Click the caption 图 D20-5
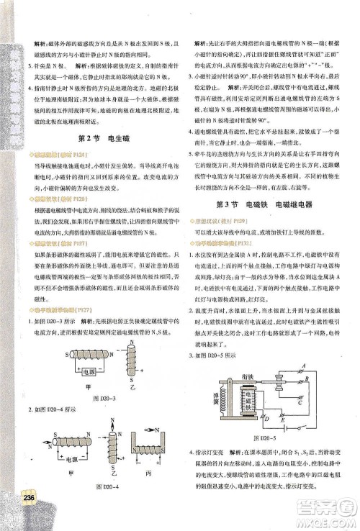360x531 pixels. coord(268,437)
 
